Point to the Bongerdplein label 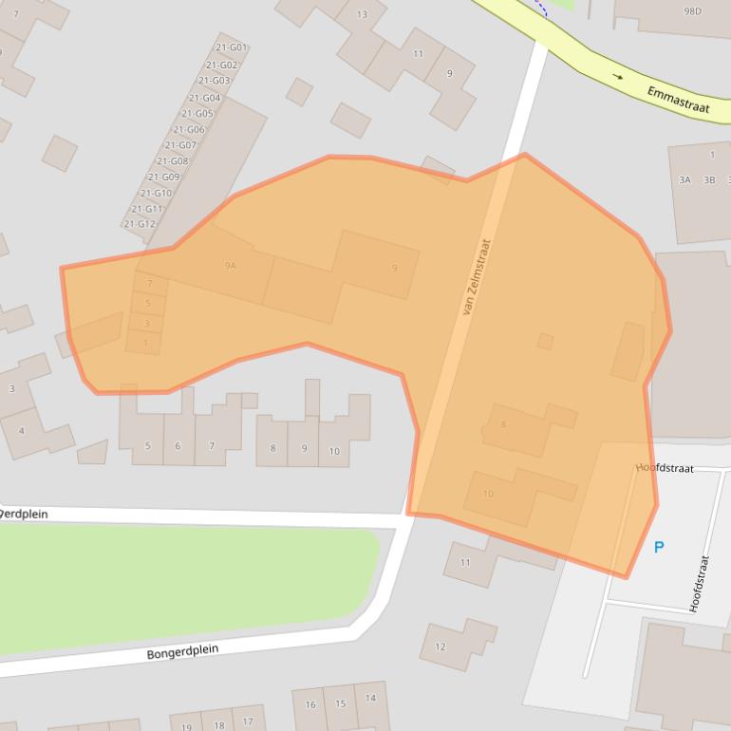coord(182,652)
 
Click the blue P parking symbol coord(659,547)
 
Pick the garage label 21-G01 coord(231,47)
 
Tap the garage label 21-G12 coord(140,224)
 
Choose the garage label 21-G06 coord(189,129)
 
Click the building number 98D coord(692,11)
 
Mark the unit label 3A coord(684,179)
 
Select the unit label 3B coord(709,179)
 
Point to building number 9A coord(230,266)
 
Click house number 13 coord(362,14)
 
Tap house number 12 coord(440,647)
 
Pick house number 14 coord(370,698)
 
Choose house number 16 coord(310,704)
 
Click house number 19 coord(186,727)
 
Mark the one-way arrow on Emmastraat coord(618,77)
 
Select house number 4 coord(21,431)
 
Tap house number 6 coord(178,446)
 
